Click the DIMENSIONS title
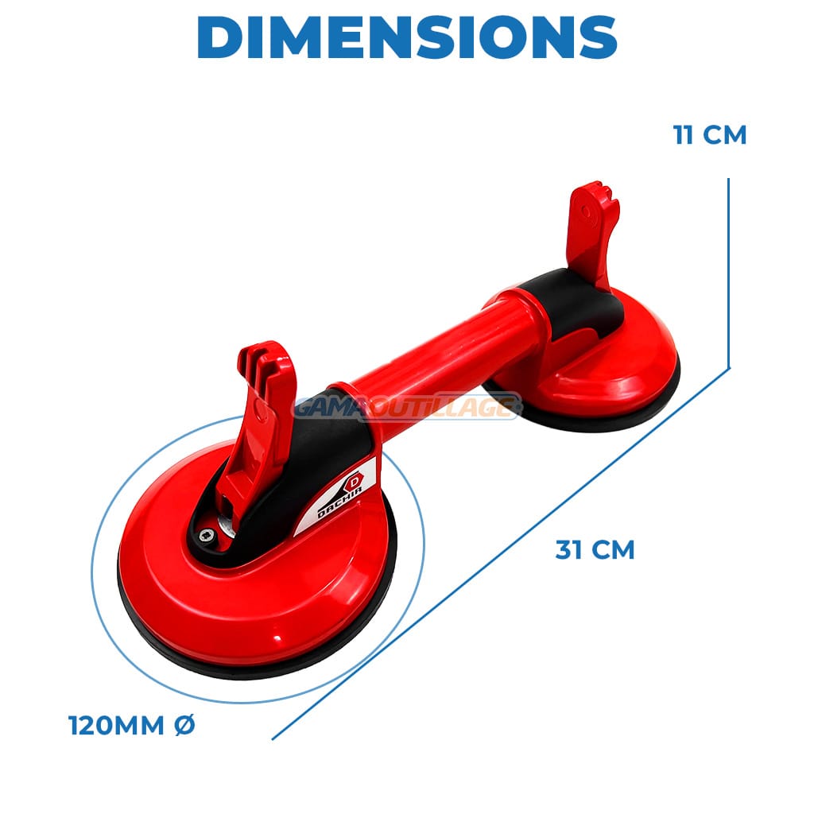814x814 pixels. [x=407, y=37]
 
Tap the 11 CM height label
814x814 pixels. [x=710, y=134]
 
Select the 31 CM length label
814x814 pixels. [x=595, y=550]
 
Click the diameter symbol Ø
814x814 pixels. [x=184, y=725]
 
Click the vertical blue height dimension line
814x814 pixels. [x=729, y=273]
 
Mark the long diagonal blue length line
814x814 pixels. [x=501, y=553]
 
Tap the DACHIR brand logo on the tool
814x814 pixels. [x=343, y=495]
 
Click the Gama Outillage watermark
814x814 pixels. [x=408, y=405]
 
